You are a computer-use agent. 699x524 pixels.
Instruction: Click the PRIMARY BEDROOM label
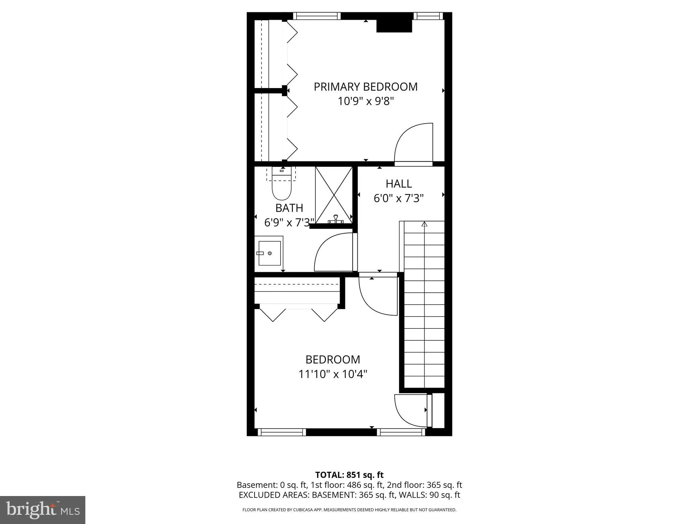click(365, 87)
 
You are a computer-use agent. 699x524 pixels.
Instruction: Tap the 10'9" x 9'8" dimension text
click(366, 101)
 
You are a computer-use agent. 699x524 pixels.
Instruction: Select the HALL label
click(399, 184)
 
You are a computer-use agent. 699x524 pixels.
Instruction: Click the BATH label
click(289, 208)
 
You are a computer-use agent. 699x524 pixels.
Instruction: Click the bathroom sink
click(269, 253)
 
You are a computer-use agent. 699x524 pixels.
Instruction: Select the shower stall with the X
click(333, 195)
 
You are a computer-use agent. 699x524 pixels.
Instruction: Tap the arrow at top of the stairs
click(424, 224)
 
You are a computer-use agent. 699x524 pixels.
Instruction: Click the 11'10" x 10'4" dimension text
click(333, 374)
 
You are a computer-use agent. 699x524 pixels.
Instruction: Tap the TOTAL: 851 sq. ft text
click(349, 475)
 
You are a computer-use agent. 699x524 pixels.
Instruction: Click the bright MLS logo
click(43, 510)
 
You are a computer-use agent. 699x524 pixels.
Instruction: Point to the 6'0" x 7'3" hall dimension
click(398, 198)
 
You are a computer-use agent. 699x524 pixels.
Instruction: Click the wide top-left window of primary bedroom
click(317, 16)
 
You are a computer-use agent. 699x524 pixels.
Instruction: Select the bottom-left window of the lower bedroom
click(282, 432)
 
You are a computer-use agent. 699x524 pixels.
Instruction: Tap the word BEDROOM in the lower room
click(333, 360)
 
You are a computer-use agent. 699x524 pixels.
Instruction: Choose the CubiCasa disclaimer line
click(349, 510)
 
